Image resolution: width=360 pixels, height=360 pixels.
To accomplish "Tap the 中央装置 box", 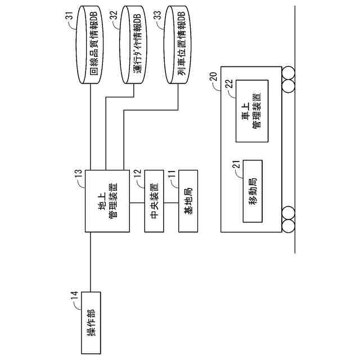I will point(154,200).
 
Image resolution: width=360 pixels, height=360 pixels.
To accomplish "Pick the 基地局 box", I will point(188,200).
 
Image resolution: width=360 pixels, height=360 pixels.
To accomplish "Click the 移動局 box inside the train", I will point(253,191).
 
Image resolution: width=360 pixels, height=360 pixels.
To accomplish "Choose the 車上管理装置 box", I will point(252,110).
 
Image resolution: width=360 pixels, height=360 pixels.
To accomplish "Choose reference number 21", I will point(237,164).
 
